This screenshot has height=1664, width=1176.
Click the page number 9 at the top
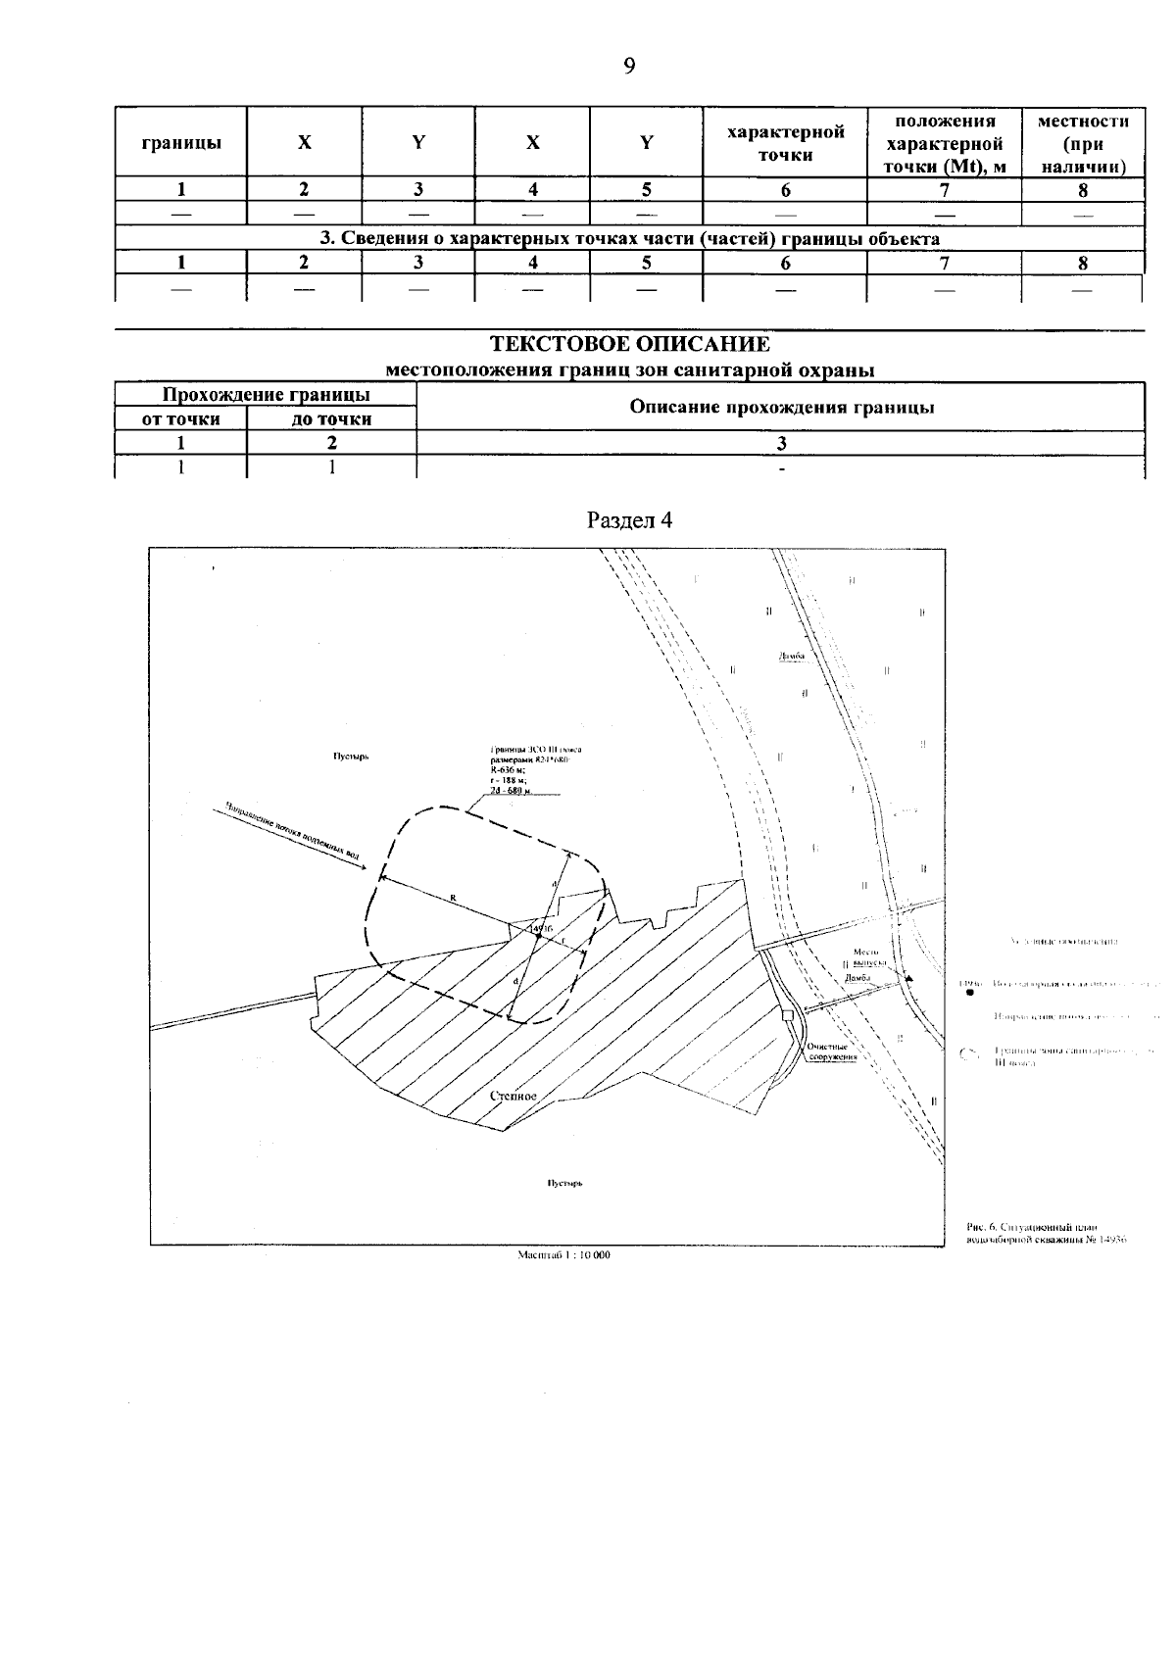pos(628,66)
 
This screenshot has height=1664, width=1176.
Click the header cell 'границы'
pos(180,142)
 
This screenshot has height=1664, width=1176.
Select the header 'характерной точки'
pos(785,142)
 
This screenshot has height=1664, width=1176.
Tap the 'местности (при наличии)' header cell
pos(1082,142)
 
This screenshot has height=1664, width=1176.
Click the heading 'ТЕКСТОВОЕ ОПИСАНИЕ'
pos(629,344)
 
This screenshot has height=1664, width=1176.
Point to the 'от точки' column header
pos(180,419)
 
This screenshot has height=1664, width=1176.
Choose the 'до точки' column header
pos(331,419)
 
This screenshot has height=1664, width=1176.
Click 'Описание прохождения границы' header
pos(780,407)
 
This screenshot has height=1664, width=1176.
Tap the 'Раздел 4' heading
pos(629,519)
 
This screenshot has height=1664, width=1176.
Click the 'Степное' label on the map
pos(514,1096)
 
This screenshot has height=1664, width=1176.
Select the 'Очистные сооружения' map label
pos(832,1052)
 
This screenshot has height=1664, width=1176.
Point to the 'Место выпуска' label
pos(865,956)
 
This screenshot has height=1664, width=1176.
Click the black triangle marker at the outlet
pos(909,978)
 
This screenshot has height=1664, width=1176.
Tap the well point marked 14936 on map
pos(538,937)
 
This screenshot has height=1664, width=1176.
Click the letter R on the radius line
pos(453,897)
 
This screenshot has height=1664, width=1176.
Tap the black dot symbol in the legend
pos(969,992)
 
